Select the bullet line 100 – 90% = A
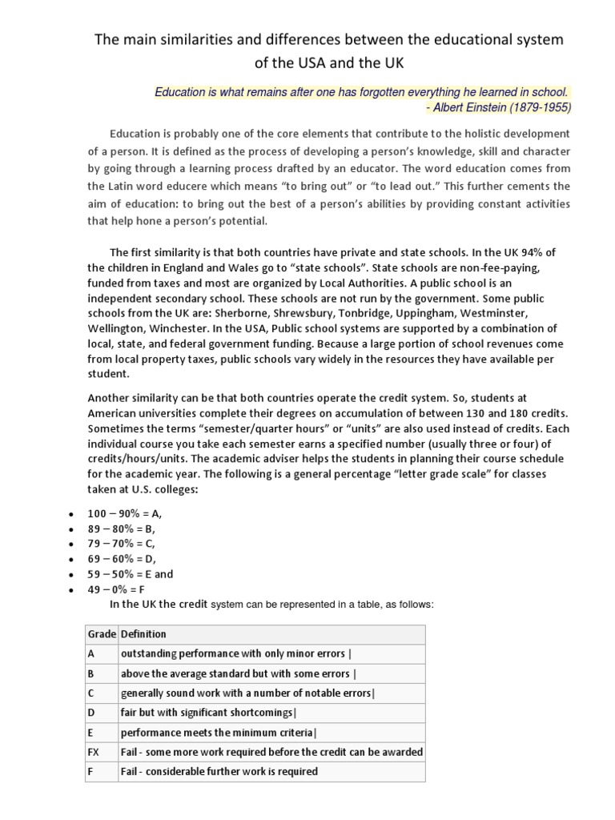click(x=130, y=514)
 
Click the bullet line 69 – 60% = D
click(x=130, y=559)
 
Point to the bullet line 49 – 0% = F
click(x=127, y=589)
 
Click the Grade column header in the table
click(x=102, y=634)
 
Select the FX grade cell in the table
click(x=94, y=752)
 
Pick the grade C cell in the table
click(x=91, y=693)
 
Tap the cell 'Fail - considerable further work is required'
click(x=219, y=772)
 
